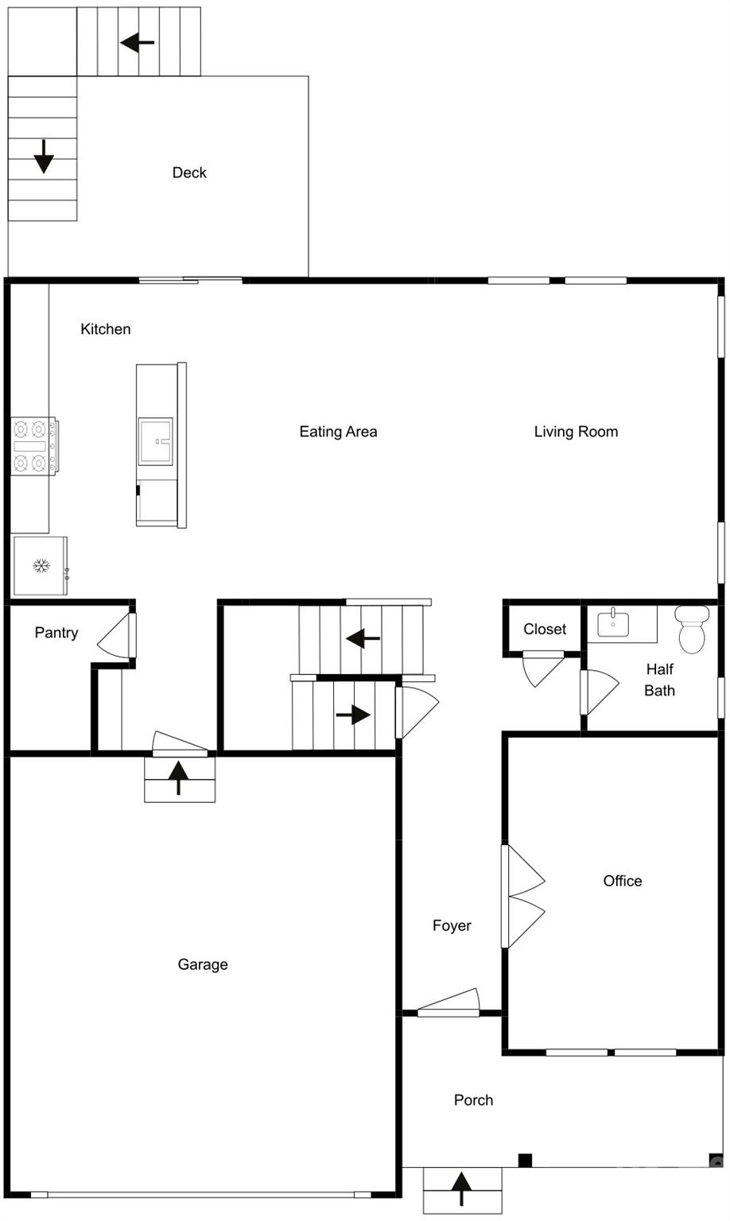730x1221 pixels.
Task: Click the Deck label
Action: pos(189,172)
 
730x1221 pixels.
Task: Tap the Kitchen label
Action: pos(106,329)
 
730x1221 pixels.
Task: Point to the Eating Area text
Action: pos(338,432)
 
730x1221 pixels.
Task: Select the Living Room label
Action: pos(576,432)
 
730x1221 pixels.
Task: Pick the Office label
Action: pos(622,881)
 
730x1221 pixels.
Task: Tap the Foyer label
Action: pos(452,925)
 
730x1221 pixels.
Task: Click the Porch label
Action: pos(473,1100)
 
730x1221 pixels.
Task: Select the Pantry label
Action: pos(56,633)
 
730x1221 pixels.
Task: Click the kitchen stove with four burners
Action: pos(35,446)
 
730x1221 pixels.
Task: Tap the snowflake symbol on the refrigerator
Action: pos(41,566)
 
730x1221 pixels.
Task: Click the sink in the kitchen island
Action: pos(155,441)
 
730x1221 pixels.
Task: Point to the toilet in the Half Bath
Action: pos(692,629)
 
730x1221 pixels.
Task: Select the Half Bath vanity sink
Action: pos(613,623)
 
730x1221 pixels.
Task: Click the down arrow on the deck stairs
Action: pos(44,157)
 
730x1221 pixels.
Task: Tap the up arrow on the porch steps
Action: pos(462,1189)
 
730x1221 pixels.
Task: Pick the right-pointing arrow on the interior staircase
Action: pos(353,715)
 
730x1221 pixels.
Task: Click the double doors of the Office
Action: pos(523,896)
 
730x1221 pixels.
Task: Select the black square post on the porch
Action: pos(525,1161)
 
